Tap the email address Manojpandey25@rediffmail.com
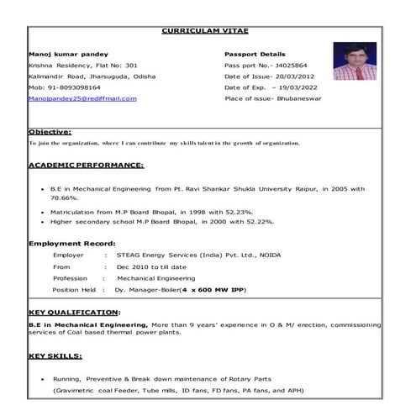pyautogui.click(x=82, y=98)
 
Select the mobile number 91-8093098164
pyautogui.click(x=79, y=87)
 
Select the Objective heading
pyautogui.click(x=50, y=132)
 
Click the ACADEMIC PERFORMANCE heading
pyautogui.click(x=86, y=166)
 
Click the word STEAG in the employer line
pyautogui.click(x=131, y=254)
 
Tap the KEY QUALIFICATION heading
pyautogui.click(x=74, y=313)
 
